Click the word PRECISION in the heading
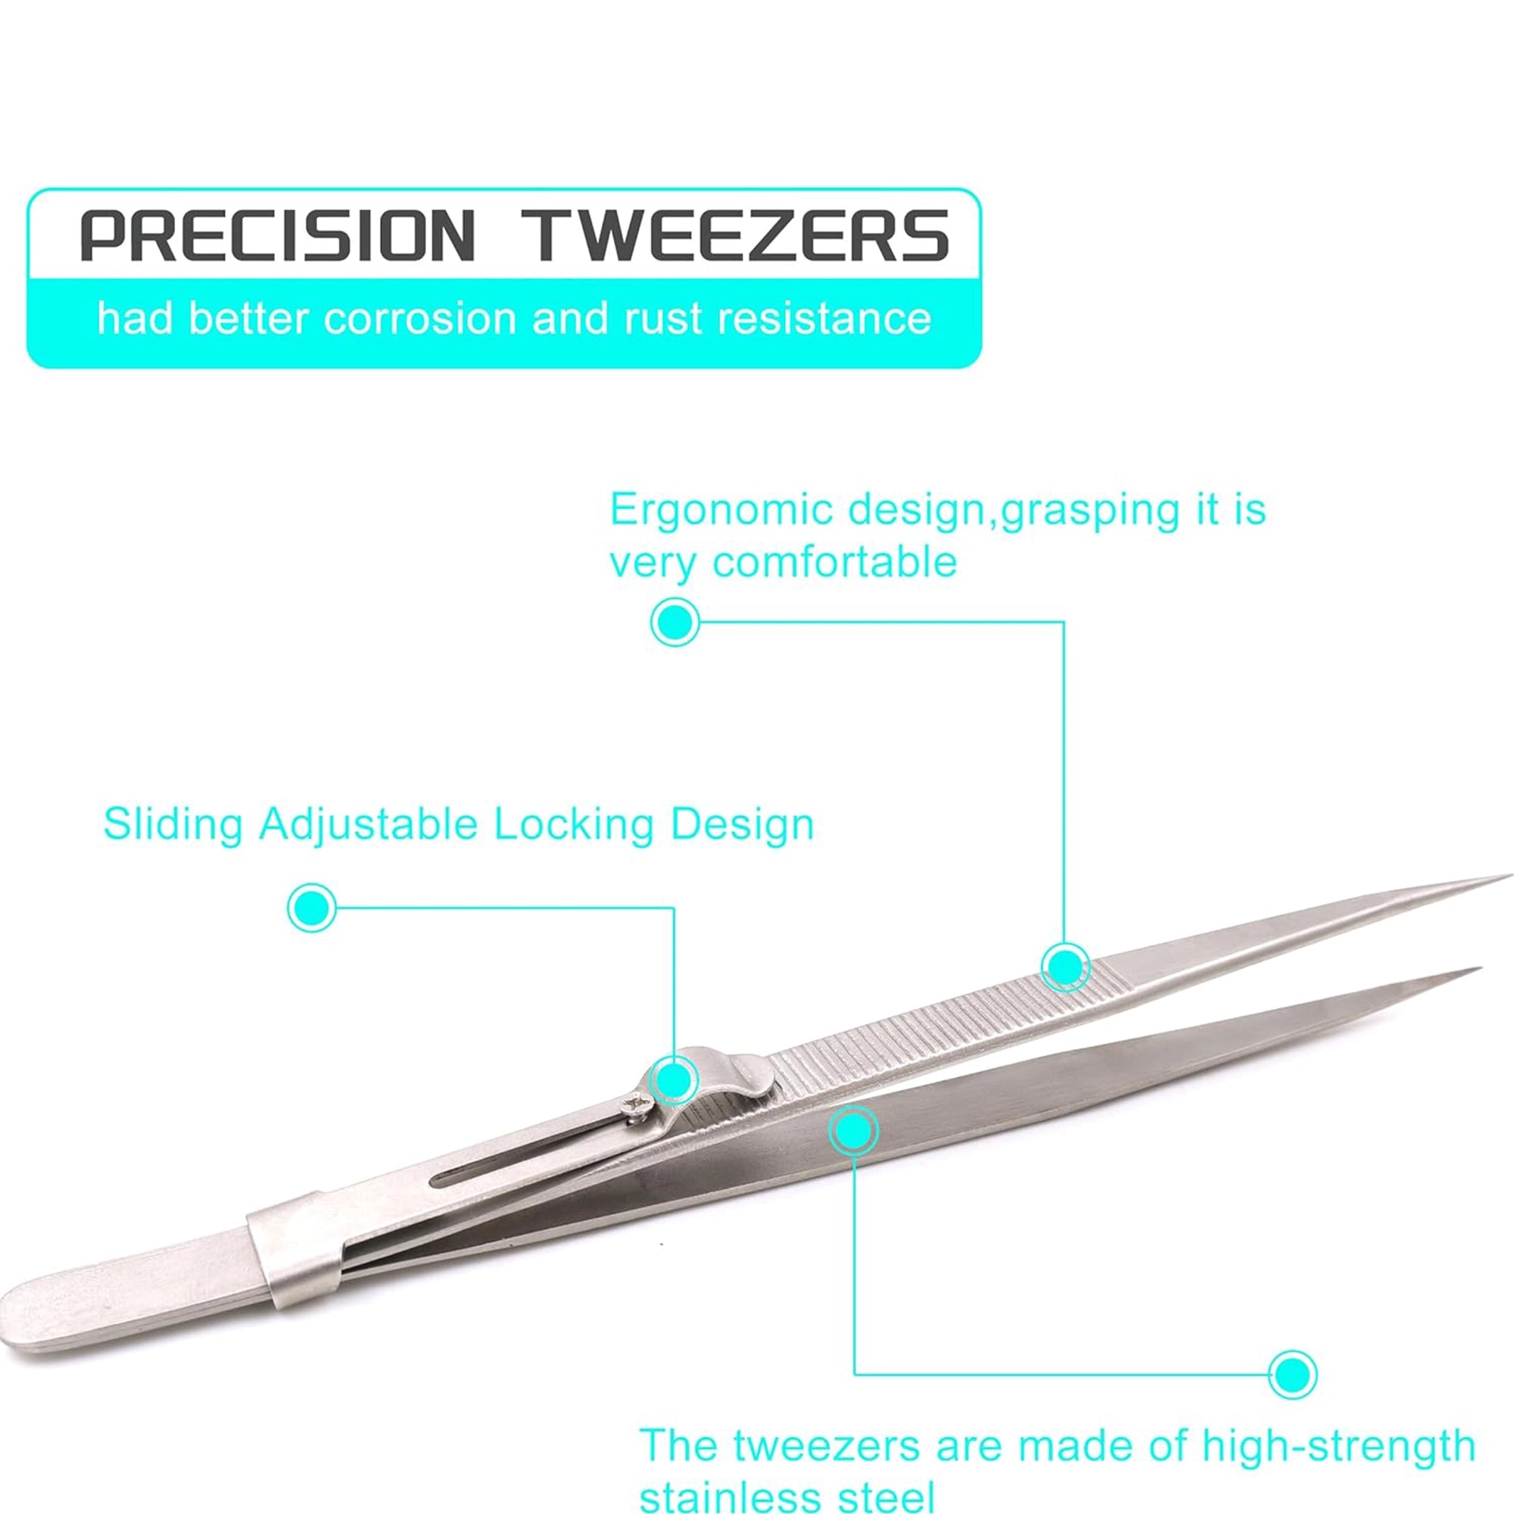[x=278, y=235]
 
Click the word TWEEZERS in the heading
[x=737, y=235]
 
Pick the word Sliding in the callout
[x=176, y=826]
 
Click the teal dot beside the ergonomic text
[x=674, y=622]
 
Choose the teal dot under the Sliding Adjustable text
[x=312, y=908]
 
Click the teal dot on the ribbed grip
[x=1065, y=967]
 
